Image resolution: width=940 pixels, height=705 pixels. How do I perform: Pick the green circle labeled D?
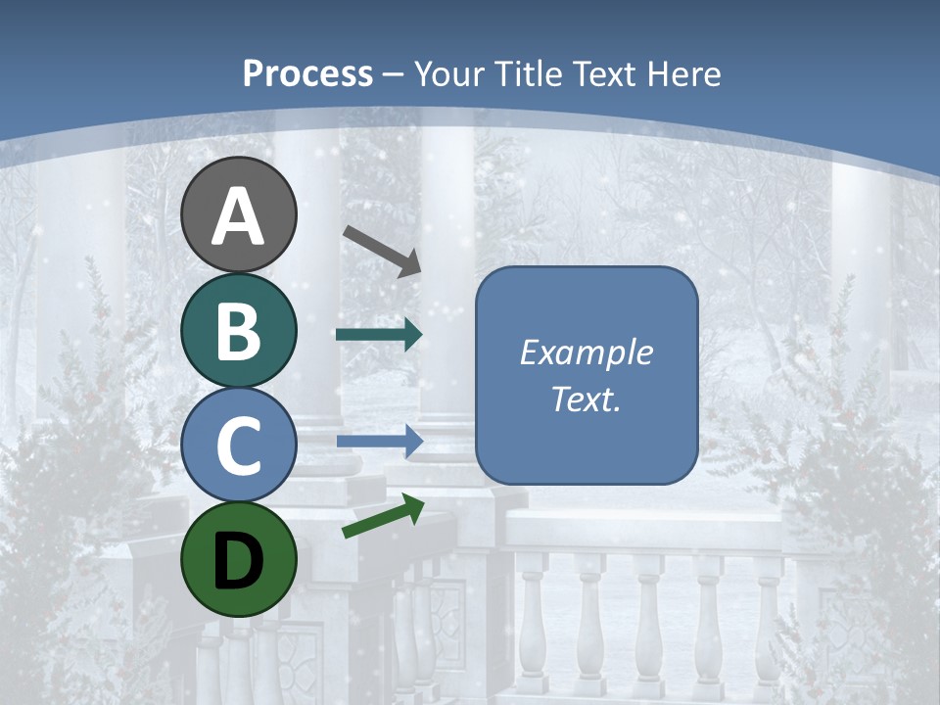tap(238, 558)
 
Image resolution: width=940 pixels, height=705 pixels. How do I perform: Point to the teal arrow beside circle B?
tap(379, 335)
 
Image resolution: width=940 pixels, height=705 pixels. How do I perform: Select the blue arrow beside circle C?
tap(379, 441)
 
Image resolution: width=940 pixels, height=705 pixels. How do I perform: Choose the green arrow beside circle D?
tap(383, 517)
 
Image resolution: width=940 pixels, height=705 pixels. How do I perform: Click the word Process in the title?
tap(307, 73)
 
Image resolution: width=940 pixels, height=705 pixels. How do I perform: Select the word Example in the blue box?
tap(587, 352)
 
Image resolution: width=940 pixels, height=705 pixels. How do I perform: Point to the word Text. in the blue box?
tap(587, 399)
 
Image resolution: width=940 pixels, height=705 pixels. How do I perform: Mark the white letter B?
tap(238, 331)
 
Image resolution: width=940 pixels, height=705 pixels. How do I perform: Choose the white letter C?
tap(238, 446)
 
